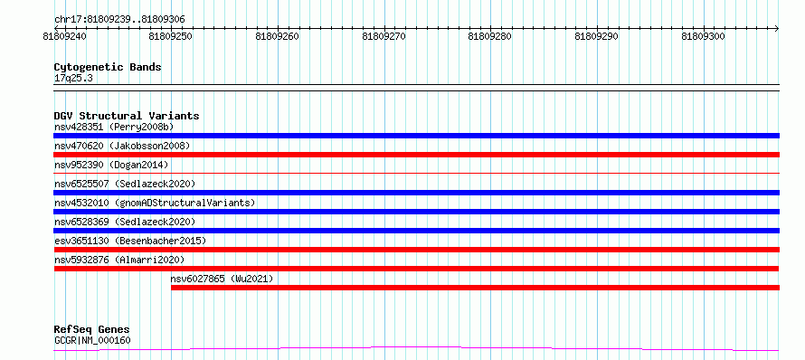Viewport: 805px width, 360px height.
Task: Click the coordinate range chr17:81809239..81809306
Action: point(119,20)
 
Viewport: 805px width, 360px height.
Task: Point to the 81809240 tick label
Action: point(65,36)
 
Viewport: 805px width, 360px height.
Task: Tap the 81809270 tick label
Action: point(384,36)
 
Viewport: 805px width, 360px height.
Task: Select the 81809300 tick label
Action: point(703,36)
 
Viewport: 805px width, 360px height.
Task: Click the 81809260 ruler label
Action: point(278,36)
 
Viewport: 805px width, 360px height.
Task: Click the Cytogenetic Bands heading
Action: point(108,67)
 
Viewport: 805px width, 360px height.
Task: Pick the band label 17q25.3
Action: point(73,79)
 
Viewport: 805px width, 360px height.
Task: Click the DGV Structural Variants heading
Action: point(127,116)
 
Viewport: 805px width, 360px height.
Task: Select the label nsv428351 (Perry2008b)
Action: point(116,127)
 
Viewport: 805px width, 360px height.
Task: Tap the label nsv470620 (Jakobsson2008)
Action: point(122,146)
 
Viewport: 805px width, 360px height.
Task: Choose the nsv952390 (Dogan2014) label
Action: point(111,165)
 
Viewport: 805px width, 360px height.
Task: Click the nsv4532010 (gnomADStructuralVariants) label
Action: point(155,203)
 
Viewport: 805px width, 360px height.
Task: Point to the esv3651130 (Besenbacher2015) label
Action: point(130,241)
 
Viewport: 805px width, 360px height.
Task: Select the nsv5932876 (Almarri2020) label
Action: point(119,260)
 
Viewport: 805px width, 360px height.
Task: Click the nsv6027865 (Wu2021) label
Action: point(222,279)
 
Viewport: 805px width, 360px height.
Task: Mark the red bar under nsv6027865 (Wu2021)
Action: point(475,288)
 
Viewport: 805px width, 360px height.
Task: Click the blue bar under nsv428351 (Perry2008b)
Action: point(416,136)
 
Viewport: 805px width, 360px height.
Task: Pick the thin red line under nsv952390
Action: point(416,174)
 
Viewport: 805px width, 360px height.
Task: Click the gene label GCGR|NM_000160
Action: point(92,340)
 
